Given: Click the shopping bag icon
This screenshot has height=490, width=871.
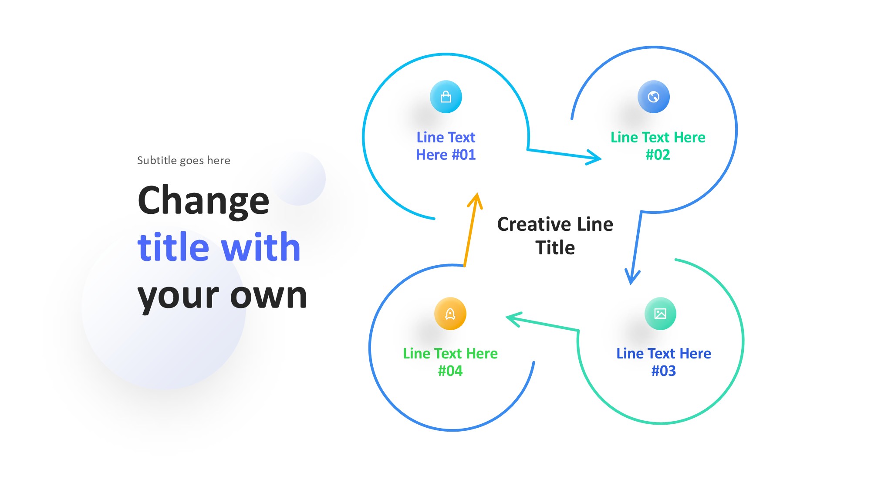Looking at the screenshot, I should (x=446, y=97).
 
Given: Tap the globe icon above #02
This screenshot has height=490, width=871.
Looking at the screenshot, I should (x=653, y=97).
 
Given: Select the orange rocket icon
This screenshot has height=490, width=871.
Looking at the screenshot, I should (x=450, y=314).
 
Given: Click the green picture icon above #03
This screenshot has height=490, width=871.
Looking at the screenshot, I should (x=660, y=314).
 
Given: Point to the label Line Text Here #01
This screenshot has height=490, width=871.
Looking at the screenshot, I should (x=446, y=146).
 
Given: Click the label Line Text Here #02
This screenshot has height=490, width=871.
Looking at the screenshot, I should (x=658, y=146).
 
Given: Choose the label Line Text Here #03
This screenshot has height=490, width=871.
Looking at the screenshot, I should (x=663, y=362).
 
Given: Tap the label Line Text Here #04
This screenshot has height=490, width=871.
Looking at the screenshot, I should (x=450, y=362).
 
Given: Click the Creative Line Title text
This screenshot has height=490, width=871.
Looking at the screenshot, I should (x=555, y=236).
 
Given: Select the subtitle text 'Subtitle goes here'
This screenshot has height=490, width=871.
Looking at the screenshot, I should (x=183, y=160).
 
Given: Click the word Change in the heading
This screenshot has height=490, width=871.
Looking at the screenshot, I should (x=203, y=200).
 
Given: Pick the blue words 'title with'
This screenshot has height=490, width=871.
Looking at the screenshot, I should (x=219, y=247).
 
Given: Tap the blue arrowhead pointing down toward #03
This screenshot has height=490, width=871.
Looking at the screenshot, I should (x=632, y=277).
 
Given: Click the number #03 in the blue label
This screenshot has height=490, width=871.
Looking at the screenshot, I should (x=663, y=371).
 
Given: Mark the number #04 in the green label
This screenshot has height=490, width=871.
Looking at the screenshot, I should (x=450, y=371).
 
